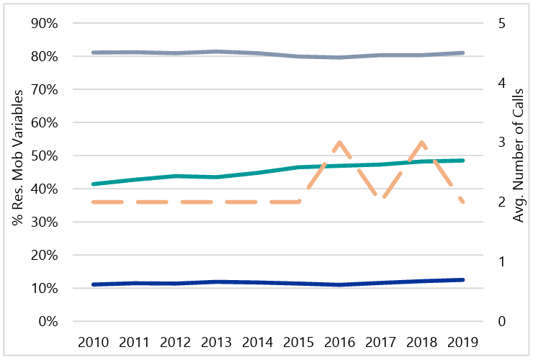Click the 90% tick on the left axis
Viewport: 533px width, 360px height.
click(42, 23)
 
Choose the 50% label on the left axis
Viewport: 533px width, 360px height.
click(42, 156)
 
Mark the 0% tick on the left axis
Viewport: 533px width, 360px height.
click(46, 321)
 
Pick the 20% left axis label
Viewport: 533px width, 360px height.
click(42, 255)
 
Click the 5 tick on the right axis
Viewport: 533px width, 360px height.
click(502, 23)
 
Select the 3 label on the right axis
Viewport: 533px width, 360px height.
click(502, 143)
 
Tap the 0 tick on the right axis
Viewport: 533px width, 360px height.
click(502, 321)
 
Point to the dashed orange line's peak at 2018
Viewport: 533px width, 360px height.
click(421, 142)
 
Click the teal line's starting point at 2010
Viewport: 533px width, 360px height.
click(93, 184)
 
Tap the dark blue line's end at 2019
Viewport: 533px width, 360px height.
click(462, 279)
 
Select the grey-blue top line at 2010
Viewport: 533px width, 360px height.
click(93, 53)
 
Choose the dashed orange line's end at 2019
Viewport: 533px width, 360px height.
click(462, 202)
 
